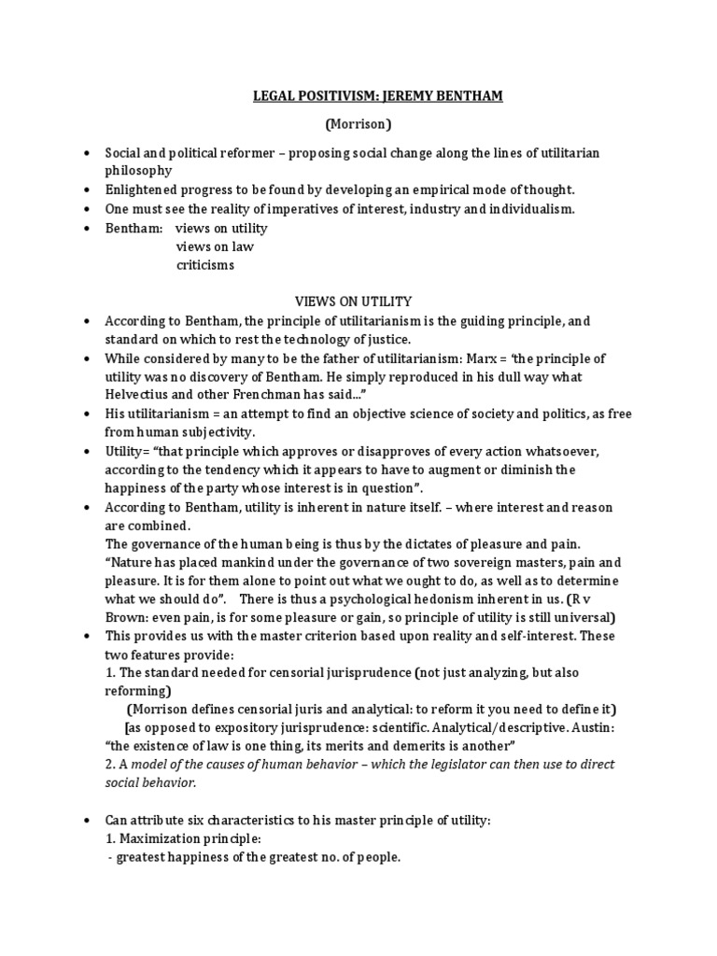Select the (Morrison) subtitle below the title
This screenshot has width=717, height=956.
click(x=358, y=123)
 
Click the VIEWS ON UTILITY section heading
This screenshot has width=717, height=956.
click(x=353, y=301)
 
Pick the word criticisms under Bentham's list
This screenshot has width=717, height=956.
click(x=205, y=264)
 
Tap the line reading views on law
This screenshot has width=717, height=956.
click(x=214, y=246)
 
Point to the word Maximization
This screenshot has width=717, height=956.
click(x=160, y=839)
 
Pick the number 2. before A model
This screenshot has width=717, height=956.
click(x=109, y=765)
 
